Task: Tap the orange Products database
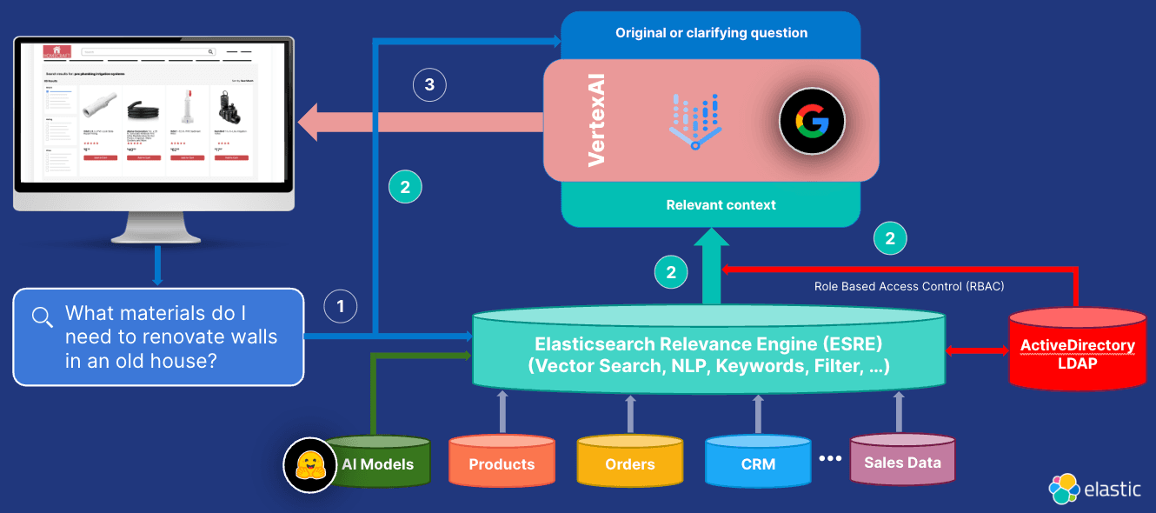tap(502, 463)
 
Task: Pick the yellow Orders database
tap(629, 463)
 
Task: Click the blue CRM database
tap(758, 463)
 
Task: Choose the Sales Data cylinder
tap(902, 462)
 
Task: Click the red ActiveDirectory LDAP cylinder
tap(1077, 352)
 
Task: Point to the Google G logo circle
tap(804, 123)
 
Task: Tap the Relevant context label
tap(721, 205)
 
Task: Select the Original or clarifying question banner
tap(711, 33)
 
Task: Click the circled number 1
tap(341, 306)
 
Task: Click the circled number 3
tap(429, 84)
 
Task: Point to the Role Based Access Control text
tap(909, 285)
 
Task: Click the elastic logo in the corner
tap(1095, 489)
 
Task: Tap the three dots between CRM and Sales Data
tap(830, 458)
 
